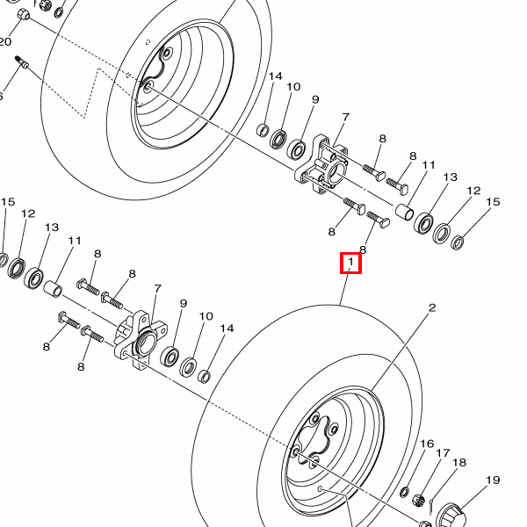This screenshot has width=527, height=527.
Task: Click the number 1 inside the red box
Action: coord(350,261)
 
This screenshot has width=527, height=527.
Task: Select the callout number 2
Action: coord(432,308)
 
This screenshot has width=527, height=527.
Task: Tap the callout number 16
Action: coord(427,444)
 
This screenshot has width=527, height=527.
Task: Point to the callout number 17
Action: coord(443,453)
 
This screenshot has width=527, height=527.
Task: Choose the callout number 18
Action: coord(459,463)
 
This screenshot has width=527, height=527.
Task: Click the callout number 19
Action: coord(493,480)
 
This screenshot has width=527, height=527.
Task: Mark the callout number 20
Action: coord(4,41)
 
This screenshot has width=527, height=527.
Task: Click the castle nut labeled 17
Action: coord(418,501)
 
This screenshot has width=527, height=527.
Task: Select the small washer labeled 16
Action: coord(405,493)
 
